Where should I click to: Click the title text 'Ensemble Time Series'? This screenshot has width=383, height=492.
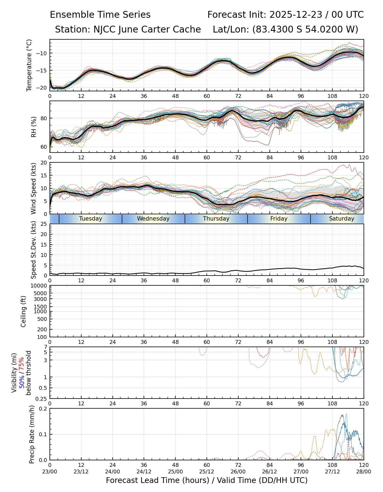click(100, 15)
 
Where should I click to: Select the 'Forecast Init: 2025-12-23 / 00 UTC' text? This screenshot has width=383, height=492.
click(285, 15)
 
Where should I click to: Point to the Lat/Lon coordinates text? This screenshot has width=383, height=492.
click(285, 30)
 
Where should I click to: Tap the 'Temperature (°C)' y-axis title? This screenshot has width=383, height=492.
click(29, 65)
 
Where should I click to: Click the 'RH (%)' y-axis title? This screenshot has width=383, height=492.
click(34, 127)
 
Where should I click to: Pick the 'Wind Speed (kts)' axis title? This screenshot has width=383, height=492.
click(34, 188)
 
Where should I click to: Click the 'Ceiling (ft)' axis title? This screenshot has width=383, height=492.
click(24, 311)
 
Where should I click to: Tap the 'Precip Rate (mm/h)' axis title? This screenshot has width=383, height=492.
click(32, 434)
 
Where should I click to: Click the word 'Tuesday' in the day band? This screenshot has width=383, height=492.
click(91, 219)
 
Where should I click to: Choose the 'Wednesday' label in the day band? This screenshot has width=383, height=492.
click(153, 219)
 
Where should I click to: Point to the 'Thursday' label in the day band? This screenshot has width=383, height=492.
click(216, 219)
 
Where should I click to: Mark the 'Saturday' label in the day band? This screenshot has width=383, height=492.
click(341, 219)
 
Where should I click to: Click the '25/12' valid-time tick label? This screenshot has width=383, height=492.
click(207, 471)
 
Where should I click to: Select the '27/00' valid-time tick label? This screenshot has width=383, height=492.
click(301, 471)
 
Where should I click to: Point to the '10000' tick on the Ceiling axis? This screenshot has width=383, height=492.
click(40, 286)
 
